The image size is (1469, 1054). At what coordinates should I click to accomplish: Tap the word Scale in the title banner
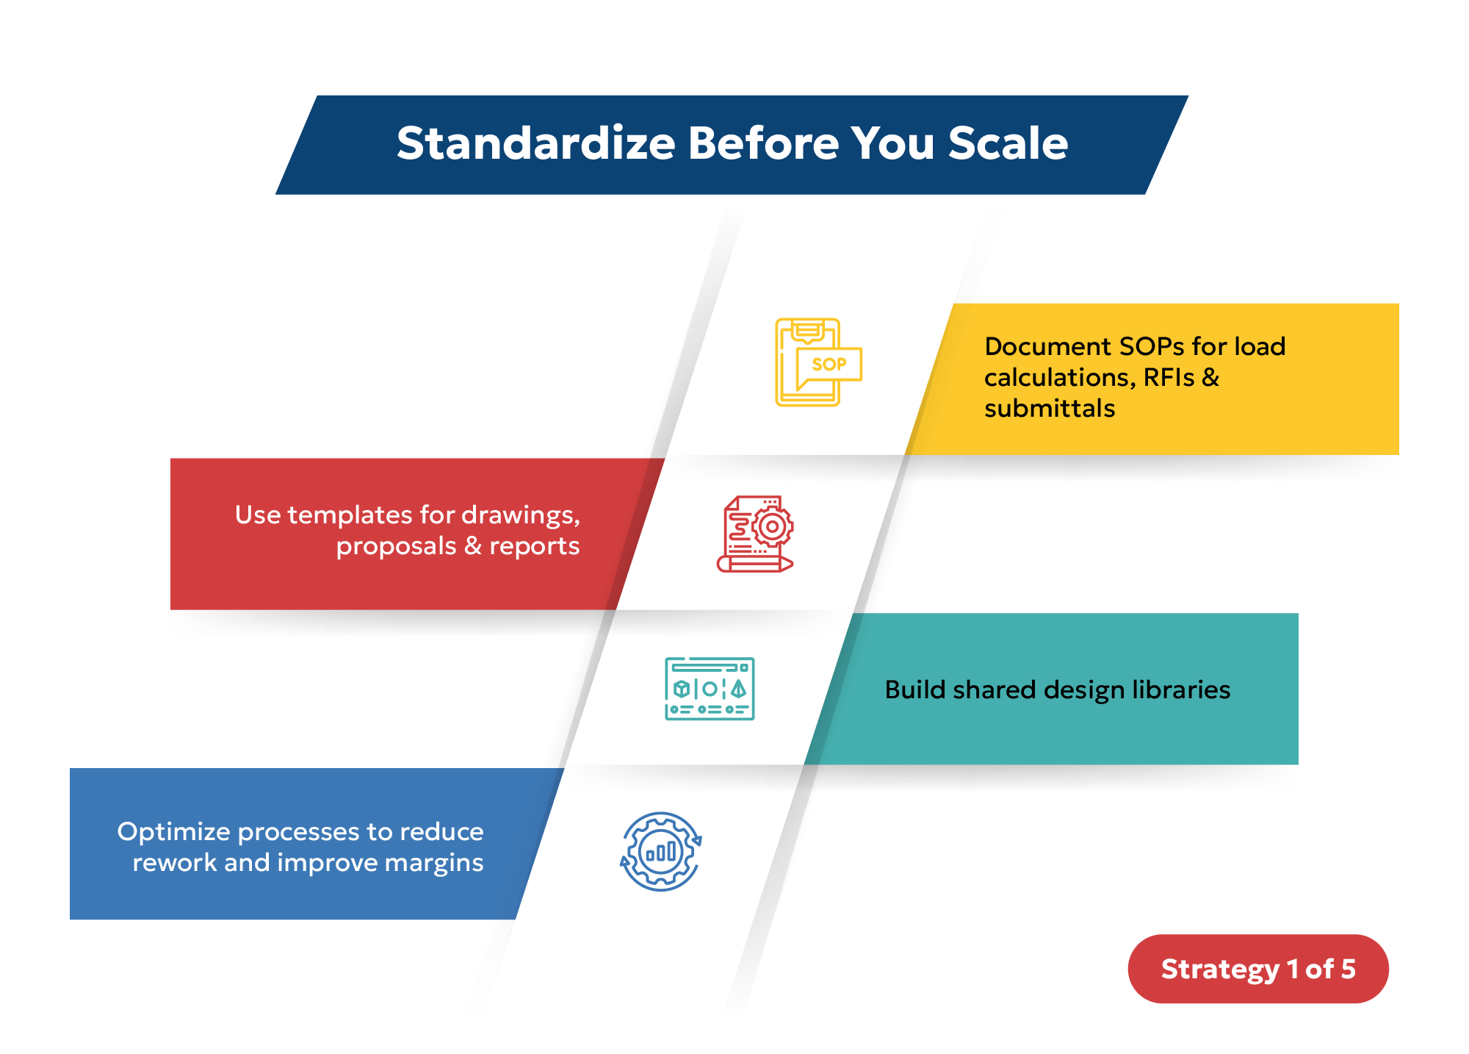[x=1008, y=143]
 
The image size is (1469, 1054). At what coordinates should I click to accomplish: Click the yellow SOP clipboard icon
[x=817, y=362]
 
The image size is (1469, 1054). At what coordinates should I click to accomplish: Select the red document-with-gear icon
[x=756, y=534]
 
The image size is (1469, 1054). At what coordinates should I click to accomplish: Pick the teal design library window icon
[x=710, y=689]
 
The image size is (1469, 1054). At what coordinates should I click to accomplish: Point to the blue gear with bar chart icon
[x=661, y=852]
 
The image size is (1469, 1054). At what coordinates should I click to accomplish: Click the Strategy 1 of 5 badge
[x=1257, y=969]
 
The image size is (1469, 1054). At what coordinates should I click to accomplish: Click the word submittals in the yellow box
[x=1049, y=409]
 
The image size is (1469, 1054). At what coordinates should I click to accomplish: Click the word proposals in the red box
[x=396, y=547]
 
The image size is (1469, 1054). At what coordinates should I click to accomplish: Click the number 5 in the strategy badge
[x=1348, y=969]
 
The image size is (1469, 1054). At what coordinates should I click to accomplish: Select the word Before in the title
[x=763, y=143]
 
